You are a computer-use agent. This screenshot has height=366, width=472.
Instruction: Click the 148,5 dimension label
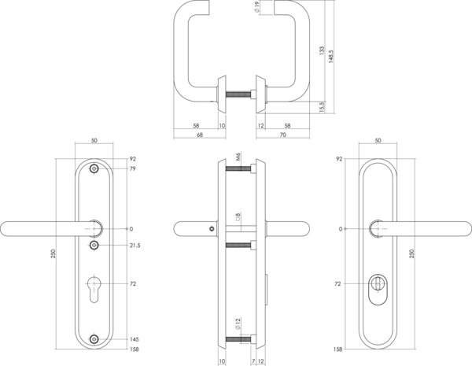point(331,57)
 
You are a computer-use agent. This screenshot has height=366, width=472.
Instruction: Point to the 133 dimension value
point(322,50)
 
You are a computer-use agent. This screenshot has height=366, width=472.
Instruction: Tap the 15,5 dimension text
point(322,107)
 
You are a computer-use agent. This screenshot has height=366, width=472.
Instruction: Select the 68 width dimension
point(200,135)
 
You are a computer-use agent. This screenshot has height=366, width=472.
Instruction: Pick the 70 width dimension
point(283,135)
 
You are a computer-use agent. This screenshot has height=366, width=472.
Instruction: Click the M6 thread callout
point(238,157)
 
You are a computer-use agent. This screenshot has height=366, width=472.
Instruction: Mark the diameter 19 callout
point(256,7)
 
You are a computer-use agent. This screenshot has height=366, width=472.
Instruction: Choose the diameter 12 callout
point(238,323)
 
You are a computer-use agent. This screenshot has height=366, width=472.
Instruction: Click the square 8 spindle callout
point(238,217)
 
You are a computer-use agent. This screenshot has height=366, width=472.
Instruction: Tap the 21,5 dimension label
point(135,246)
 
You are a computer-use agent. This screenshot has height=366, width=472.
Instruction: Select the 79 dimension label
point(133,168)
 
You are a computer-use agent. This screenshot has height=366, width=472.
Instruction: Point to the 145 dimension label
point(135,339)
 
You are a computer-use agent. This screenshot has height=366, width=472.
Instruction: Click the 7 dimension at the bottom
point(253,360)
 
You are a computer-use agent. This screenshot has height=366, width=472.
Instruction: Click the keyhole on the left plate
point(94,288)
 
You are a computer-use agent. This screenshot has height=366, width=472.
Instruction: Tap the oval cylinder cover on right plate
point(378,290)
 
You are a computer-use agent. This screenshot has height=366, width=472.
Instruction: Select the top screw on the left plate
point(94,168)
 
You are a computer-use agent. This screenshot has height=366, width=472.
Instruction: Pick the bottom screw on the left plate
point(94,339)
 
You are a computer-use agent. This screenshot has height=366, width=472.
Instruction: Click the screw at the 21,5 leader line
point(94,246)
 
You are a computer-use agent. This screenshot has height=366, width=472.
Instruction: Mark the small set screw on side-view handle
point(213,229)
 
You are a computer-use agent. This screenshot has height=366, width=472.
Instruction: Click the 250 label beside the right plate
point(412,253)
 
